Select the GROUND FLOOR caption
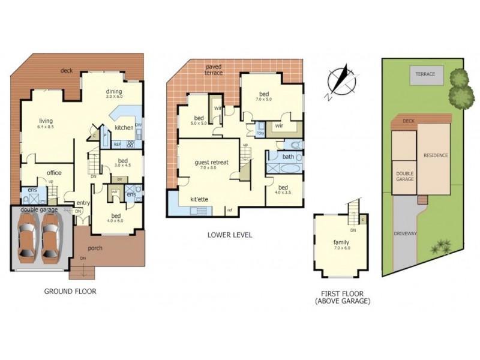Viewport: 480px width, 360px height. [70, 292]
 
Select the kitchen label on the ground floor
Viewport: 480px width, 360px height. [124, 128]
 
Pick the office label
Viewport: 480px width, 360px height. [54, 173]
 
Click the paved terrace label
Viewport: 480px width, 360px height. [214, 69]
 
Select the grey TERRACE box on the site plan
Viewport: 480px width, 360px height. [427, 76]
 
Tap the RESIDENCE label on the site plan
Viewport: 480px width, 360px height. [436, 155]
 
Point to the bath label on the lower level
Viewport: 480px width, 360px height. [288, 157]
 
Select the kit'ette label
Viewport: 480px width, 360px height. [199, 199]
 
